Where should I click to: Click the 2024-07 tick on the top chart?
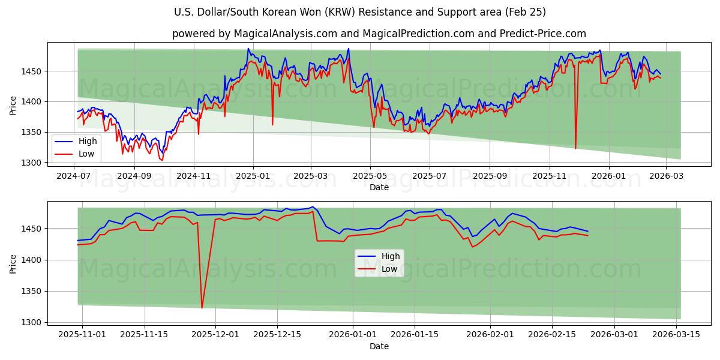point(73,176)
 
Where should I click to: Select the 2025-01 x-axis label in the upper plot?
point(253,176)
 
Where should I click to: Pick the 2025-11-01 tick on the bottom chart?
point(82,335)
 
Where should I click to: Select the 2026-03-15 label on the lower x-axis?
point(676,335)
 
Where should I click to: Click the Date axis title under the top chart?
point(379,187)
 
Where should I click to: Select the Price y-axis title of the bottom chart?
point(13,262)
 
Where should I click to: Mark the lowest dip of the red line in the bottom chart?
point(202,308)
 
